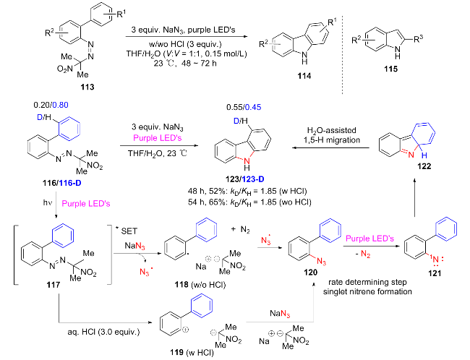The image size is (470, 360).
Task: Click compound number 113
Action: tap(87, 87)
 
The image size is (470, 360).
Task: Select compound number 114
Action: tap(304, 76)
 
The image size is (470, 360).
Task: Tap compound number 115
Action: tap(391, 69)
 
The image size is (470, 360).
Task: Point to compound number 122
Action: tap(424, 166)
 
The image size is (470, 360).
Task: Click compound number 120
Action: tap(310, 273)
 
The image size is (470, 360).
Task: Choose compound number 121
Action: tap(435, 273)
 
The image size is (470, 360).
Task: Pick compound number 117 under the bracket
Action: tap(54, 285)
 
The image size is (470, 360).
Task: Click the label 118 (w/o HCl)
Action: tap(200, 284)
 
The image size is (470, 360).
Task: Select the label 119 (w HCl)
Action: tap(192, 352)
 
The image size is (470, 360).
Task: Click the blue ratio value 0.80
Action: tap(60, 105)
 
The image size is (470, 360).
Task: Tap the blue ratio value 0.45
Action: tap(253, 107)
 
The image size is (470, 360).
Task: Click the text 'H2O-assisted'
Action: tap(331, 130)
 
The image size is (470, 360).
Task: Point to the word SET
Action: tap(129, 231)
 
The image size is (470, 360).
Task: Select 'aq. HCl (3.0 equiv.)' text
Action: tap(103, 332)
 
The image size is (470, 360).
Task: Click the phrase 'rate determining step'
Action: tap(367, 282)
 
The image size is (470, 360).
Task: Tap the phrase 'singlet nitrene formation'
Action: tap(367, 291)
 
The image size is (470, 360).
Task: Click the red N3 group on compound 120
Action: tap(321, 262)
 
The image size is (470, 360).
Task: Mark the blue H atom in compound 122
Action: tap(424, 155)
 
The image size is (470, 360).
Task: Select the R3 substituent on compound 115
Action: tap(419, 39)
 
